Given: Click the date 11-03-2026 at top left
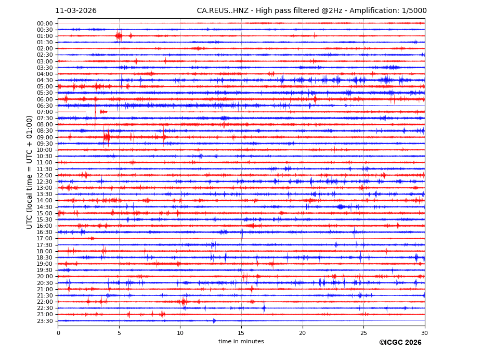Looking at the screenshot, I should [76, 11].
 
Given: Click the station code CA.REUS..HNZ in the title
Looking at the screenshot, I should [223, 11].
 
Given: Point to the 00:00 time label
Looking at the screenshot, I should [45, 23].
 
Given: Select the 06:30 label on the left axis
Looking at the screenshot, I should [45, 106].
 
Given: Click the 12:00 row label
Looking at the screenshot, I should [45, 175].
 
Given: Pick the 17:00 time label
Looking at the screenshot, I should [45, 239].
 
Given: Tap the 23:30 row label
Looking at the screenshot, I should [45, 321].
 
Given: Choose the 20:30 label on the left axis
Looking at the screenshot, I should [45, 283].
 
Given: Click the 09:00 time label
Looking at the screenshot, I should [45, 137].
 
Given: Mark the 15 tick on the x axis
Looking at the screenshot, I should [241, 333].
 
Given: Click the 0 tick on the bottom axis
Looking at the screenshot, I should [58, 333].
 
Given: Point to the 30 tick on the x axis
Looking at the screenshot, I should [424, 333].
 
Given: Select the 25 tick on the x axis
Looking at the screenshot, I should [363, 333].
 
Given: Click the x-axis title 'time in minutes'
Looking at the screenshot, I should [241, 342].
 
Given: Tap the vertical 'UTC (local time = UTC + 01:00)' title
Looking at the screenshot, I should [30, 172].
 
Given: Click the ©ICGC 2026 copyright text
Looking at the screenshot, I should [400, 343].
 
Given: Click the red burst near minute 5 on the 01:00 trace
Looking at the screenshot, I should [119, 36].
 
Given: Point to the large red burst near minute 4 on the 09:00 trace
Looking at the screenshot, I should [107, 137].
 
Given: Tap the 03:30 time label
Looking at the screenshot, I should [45, 68].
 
